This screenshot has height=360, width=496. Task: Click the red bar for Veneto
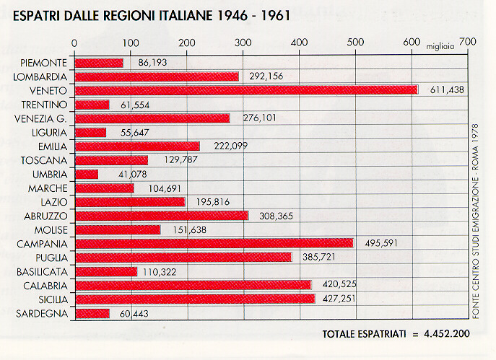pyautogui.click(x=245, y=89)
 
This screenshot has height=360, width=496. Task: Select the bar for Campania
pyautogui.click(x=214, y=243)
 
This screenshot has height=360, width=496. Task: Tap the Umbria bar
pyautogui.click(x=86, y=174)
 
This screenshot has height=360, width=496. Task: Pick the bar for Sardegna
pyautogui.click(x=92, y=313)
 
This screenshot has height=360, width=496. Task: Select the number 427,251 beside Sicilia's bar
pyautogui.click(x=337, y=299)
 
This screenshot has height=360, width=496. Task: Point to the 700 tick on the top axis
pyautogui.click(x=467, y=42)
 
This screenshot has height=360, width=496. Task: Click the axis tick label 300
pyautogui.click(x=242, y=42)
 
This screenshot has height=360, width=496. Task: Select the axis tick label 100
pyautogui.click(x=130, y=42)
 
